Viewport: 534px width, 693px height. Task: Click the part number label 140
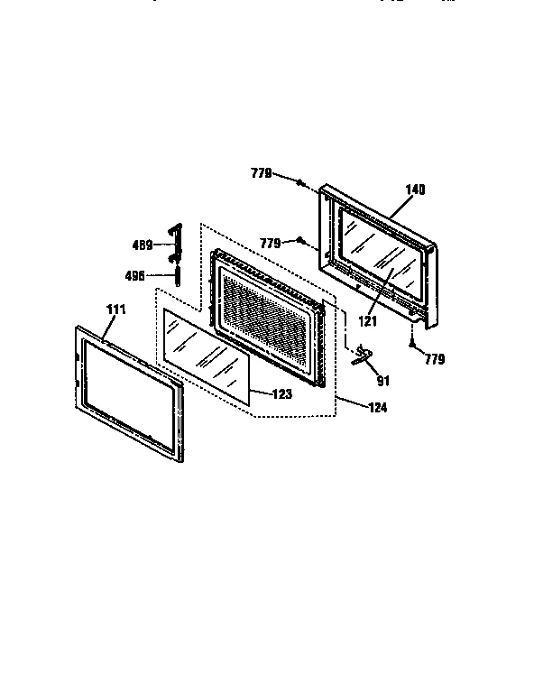coord(415,189)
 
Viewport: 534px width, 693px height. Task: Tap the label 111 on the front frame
coord(115,310)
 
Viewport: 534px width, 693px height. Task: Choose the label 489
coord(142,244)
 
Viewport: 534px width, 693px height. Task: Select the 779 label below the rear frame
coord(435,359)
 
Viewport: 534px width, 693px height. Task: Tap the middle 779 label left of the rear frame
coord(271,242)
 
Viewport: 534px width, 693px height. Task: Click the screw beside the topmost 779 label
coord(300,183)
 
